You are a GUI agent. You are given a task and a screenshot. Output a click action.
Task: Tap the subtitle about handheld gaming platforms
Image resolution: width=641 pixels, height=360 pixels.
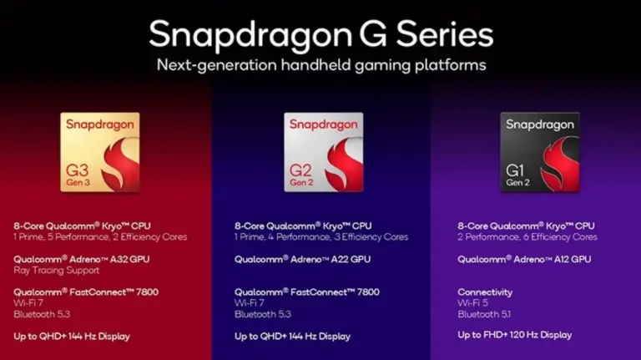[321, 65]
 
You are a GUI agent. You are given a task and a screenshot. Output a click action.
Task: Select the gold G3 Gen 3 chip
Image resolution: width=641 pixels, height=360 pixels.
[100, 152]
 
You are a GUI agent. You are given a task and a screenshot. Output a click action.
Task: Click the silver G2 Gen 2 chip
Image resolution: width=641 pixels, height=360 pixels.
[323, 152]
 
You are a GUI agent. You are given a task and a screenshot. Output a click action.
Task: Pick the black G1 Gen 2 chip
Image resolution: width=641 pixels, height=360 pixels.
[540, 152]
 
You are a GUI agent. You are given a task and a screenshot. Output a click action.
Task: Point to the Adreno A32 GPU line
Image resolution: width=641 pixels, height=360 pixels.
[81, 259]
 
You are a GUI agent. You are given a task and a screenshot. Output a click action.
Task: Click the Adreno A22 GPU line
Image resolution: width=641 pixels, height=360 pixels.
[302, 259]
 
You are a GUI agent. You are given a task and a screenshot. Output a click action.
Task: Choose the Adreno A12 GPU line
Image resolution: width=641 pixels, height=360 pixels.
[524, 259]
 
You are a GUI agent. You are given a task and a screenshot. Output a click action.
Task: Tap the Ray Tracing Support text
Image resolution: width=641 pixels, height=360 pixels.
[57, 271]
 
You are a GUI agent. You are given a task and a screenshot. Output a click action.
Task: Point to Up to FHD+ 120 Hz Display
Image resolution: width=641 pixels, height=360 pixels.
[515, 335]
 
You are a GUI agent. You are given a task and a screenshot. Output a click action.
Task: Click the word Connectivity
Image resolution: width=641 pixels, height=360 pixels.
[485, 292]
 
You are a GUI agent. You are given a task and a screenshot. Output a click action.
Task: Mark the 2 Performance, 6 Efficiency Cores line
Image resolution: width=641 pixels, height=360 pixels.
[527, 237]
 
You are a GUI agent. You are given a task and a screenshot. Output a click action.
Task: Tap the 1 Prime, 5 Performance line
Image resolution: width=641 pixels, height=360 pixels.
[100, 237]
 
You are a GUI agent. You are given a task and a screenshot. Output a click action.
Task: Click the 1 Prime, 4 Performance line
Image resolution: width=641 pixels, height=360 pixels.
[321, 237]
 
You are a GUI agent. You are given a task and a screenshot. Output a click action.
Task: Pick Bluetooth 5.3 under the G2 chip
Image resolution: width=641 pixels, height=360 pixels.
[263, 314]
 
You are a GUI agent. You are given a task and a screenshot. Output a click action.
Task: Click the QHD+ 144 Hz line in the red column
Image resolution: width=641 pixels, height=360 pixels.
[72, 337]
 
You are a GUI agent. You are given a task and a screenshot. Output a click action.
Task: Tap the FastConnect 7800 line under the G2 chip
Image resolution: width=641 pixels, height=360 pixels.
[307, 292]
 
